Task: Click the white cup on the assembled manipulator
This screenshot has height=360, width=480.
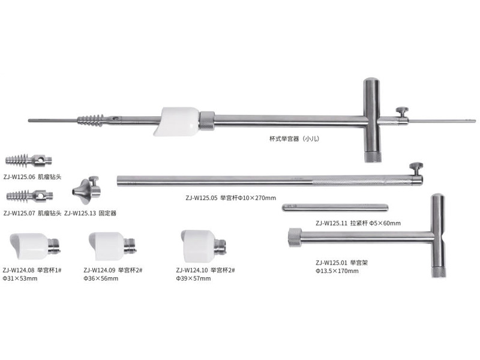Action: (176, 121)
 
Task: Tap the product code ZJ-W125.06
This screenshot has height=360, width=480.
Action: (20, 177)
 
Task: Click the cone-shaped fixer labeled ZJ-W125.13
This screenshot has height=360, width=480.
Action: (86, 190)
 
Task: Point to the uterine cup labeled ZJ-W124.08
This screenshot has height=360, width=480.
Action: (35, 246)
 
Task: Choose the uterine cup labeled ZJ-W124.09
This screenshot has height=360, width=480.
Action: (112, 246)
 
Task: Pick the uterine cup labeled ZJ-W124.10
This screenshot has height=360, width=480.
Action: (203, 246)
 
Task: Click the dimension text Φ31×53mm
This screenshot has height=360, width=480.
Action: (20, 278)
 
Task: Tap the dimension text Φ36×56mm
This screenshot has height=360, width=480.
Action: (101, 278)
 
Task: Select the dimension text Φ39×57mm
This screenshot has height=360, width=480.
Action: (193, 278)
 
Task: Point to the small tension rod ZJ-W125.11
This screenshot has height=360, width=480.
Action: (335, 208)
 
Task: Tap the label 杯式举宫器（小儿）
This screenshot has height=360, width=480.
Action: (294, 139)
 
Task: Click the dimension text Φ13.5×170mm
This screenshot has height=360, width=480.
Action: (337, 271)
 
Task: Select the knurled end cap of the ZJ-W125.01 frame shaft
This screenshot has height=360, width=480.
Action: (295, 238)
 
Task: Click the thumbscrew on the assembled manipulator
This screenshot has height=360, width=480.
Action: (402, 112)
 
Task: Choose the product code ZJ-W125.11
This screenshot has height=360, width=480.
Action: (332, 223)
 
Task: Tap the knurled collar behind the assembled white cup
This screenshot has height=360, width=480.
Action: (207, 121)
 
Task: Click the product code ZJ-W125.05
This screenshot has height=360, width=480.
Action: (202, 198)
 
